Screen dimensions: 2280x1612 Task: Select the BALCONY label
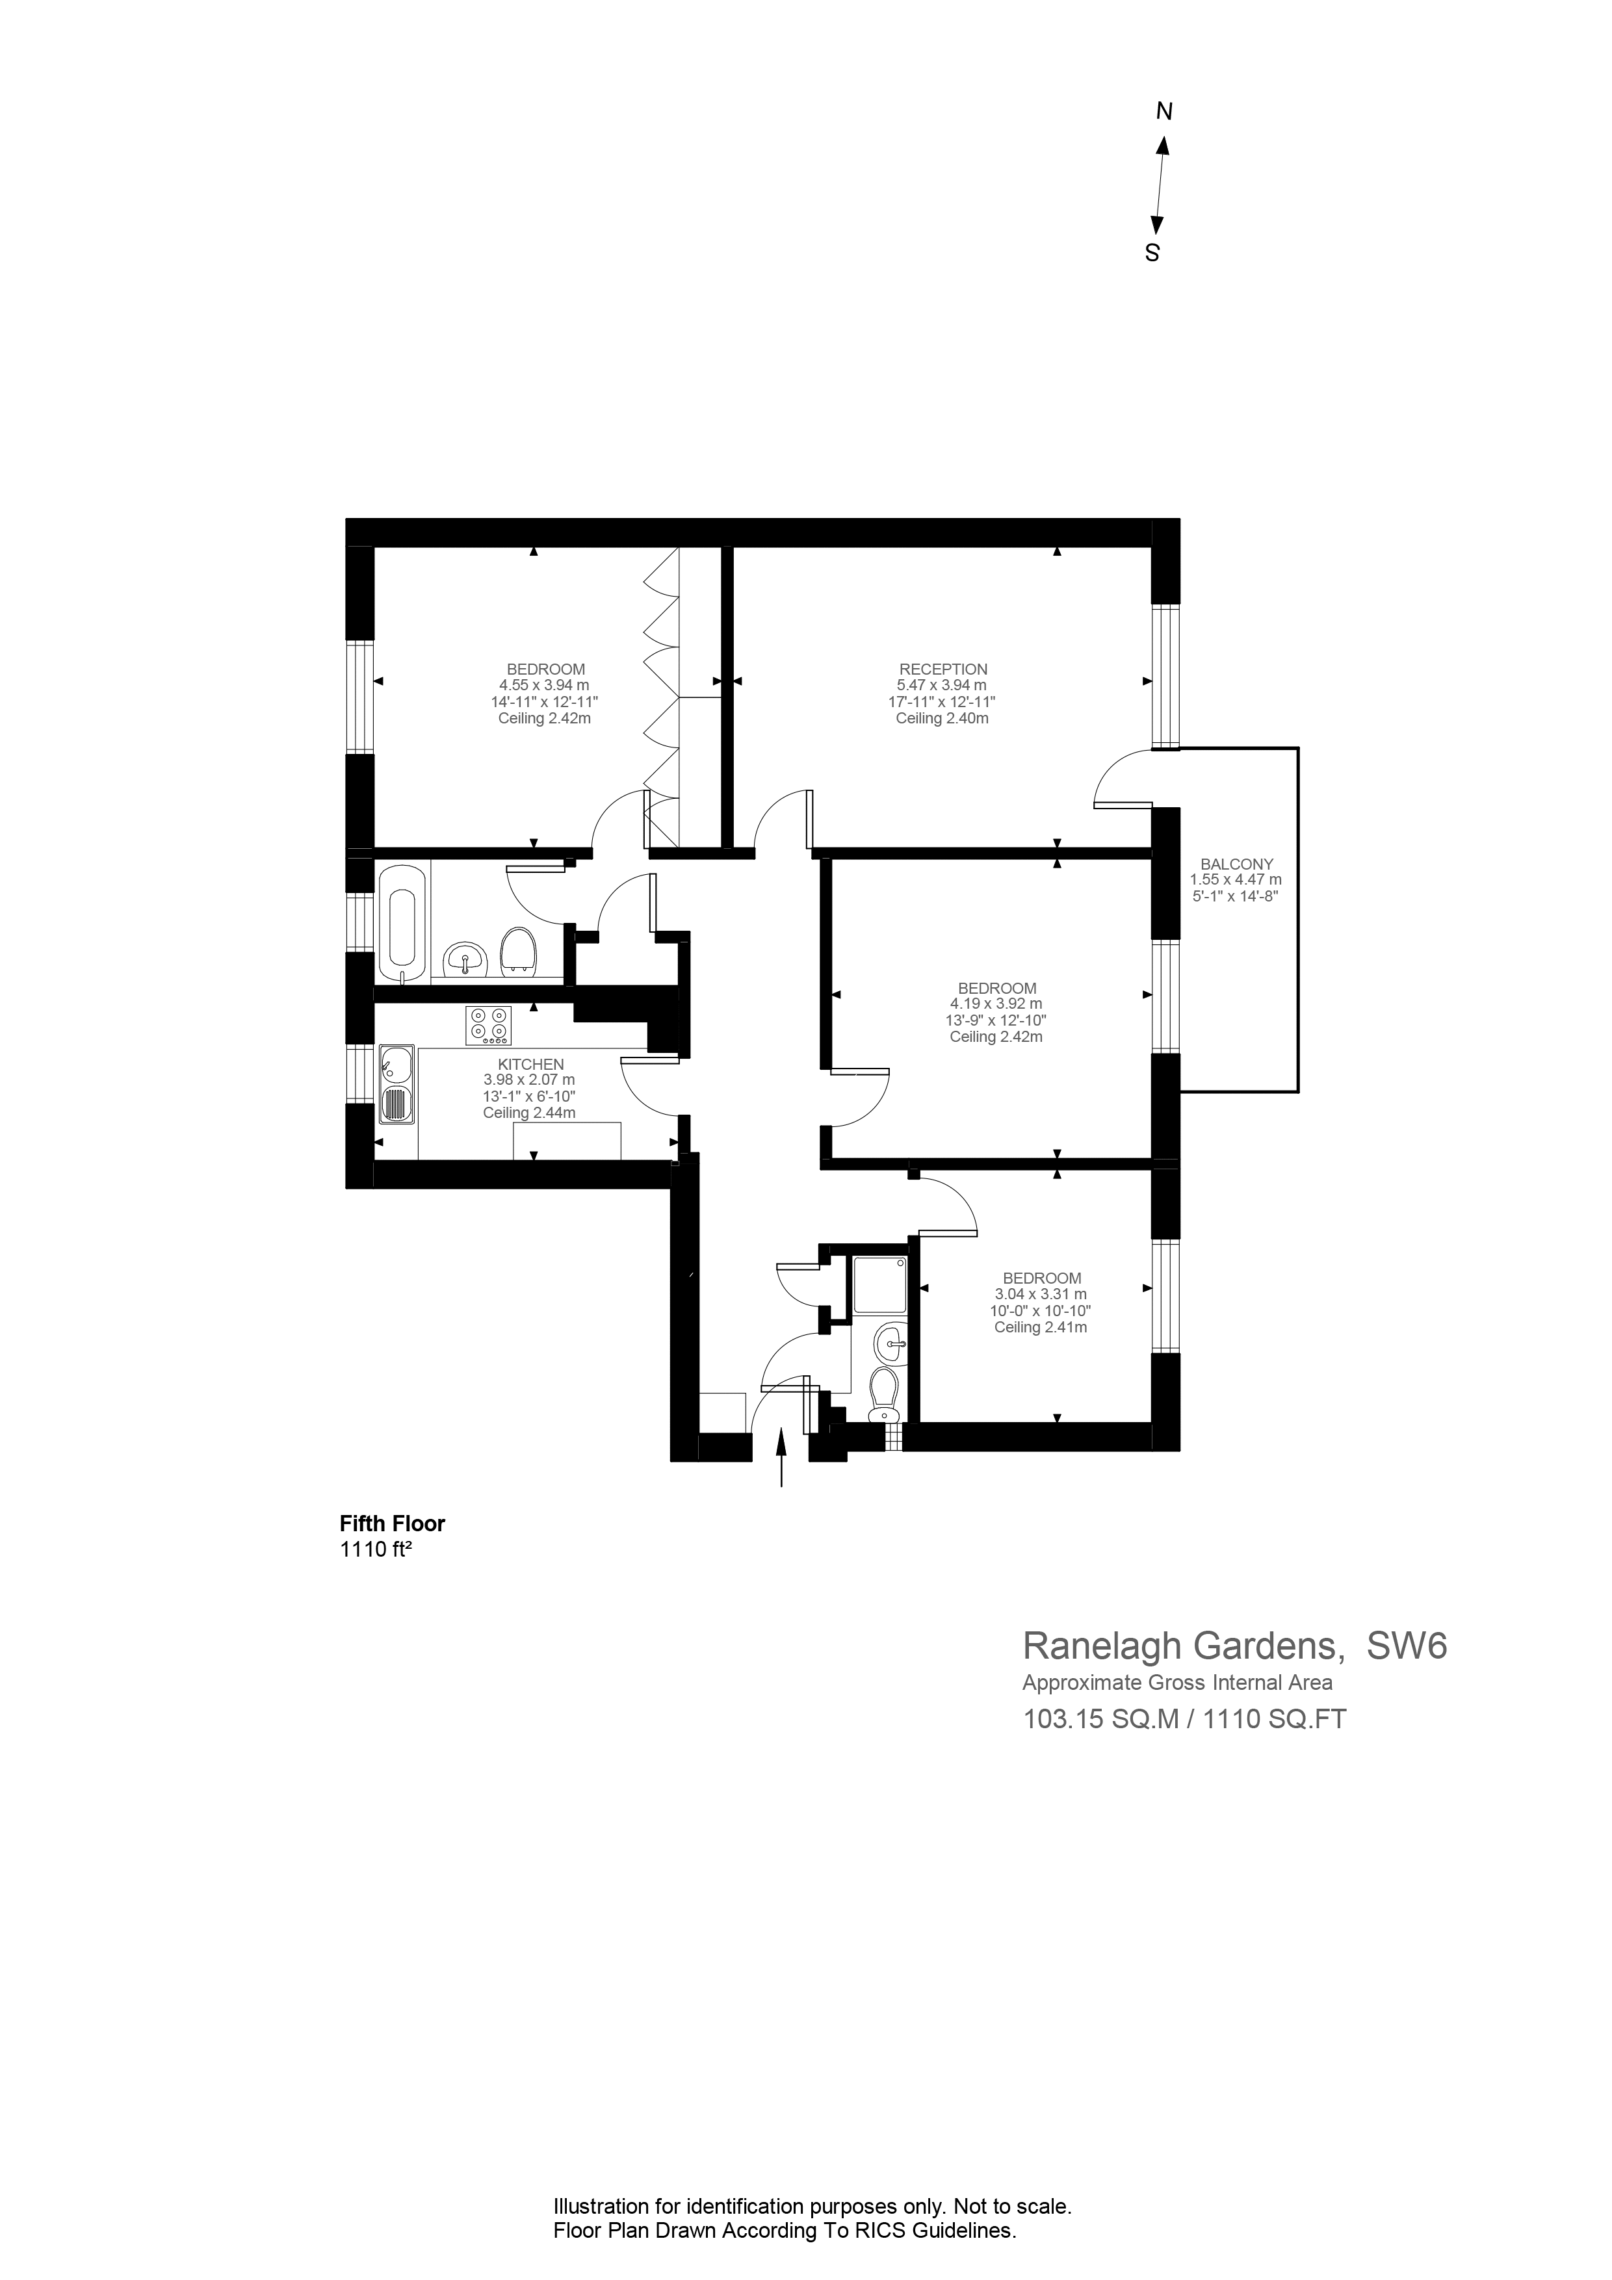[x=1236, y=864]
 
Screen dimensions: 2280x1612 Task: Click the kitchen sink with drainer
[x=397, y=1083]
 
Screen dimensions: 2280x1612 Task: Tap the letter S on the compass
[x=1152, y=253]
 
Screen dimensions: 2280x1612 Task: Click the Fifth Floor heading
[x=393, y=1523]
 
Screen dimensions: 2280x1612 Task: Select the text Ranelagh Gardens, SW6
[x=1234, y=1646]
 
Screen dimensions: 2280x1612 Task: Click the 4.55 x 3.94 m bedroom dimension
[x=544, y=685]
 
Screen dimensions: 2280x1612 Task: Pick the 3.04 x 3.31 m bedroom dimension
[x=1040, y=1294]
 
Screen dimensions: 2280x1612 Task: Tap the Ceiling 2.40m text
[x=942, y=718]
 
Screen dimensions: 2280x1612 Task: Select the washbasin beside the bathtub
[x=465, y=959]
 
